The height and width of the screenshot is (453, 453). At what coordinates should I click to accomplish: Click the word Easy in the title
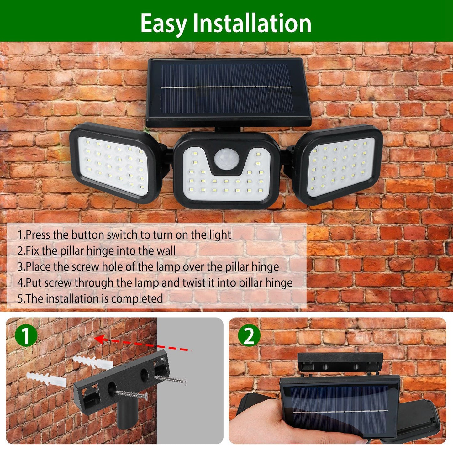[163, 24]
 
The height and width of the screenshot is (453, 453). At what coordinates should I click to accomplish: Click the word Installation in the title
[252, 23]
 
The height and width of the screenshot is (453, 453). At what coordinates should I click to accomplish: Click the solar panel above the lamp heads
[229, 91]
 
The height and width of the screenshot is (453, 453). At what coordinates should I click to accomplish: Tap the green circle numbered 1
[26, 335]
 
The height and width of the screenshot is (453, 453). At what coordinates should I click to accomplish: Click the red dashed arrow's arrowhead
[99, 339]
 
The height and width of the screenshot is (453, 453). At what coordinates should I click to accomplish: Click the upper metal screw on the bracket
[171, 380]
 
